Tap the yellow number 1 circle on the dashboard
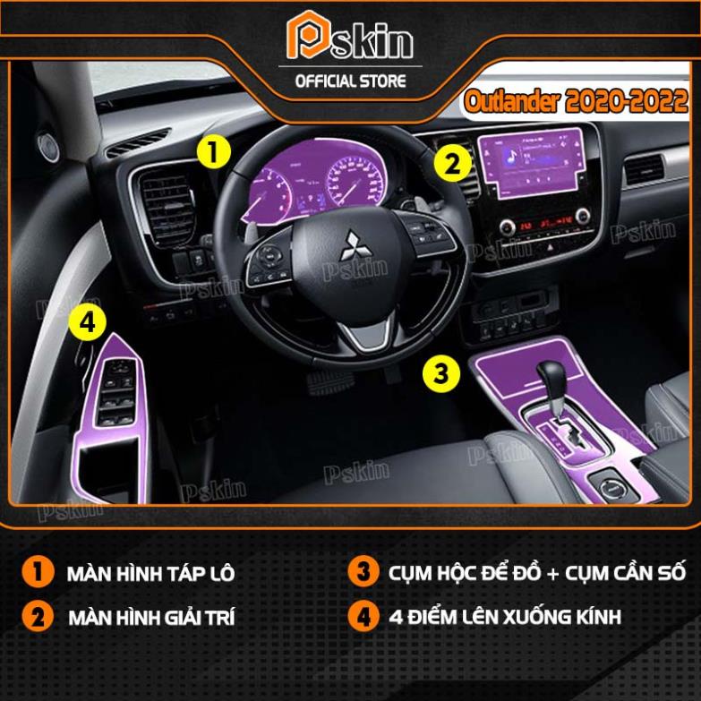tap(213, 150)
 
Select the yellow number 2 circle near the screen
tap(452, 164)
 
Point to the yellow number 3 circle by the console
tap(441, 372)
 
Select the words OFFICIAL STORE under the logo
tap(350, 81)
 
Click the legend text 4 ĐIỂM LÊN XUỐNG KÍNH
tap(505, 617)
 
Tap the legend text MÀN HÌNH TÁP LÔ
tap(150, 574)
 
